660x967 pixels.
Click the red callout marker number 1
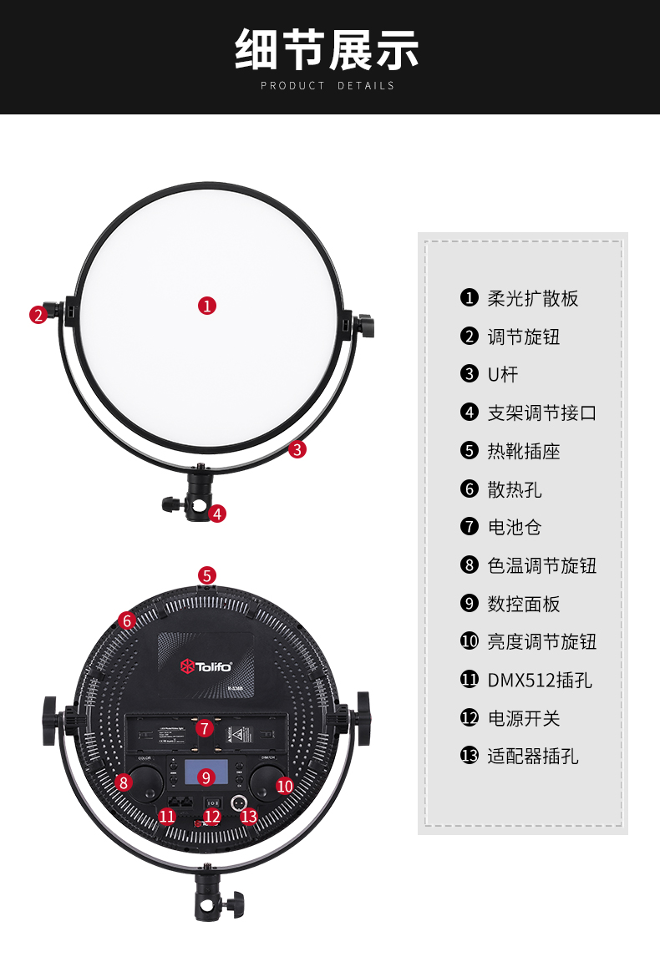point(207,305)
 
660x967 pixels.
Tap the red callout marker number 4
point(217,514)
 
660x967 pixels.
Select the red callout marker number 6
point(127,620)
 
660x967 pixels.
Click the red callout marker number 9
point(207,777)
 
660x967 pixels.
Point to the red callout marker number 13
point(248,816)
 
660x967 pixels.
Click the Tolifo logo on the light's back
point(206,666)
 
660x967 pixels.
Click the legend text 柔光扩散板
point(533,298)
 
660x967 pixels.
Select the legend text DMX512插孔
point(540,680)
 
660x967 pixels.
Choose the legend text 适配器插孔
point(533,757)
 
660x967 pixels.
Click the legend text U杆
point(503,375)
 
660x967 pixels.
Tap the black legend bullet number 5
point(469,451)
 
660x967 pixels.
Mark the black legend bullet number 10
point(469,641)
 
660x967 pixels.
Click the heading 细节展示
point(327,49)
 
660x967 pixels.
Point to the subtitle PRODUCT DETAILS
point(327,85)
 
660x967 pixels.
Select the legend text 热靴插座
point(524,451)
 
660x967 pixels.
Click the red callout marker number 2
point(38,315)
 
